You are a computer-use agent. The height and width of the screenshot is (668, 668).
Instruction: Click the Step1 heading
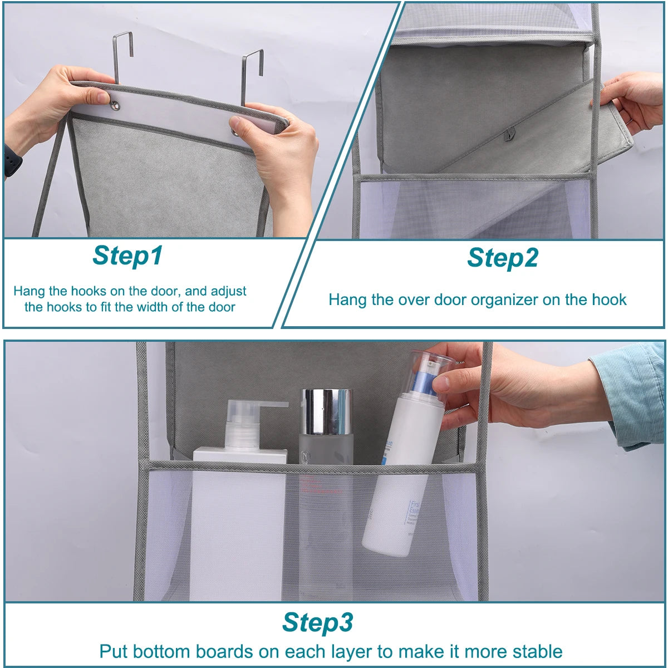127,256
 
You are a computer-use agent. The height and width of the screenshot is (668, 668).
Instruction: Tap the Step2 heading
502,258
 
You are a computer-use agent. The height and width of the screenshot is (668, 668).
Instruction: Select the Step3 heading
317,622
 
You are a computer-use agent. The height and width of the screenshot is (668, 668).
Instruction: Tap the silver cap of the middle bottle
327,411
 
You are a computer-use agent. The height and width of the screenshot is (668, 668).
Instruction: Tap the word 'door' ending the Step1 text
222,307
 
